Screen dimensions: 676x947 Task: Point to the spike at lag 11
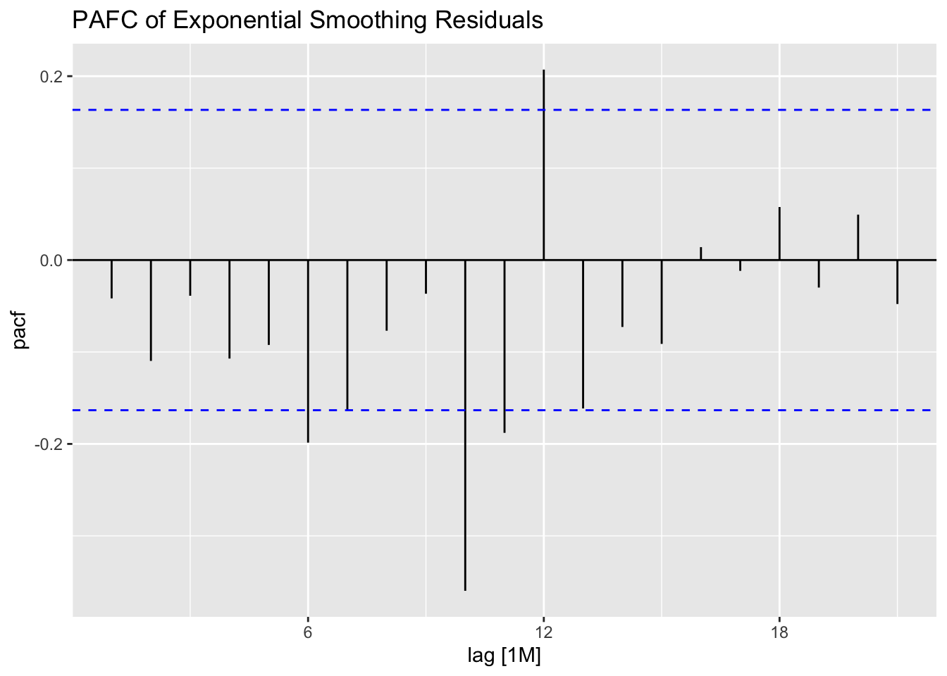[x=505, y=346]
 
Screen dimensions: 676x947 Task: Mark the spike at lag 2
[x=151, y=310]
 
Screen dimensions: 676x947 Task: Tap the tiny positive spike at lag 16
[x=700, y=254]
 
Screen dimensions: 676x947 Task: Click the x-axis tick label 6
[x=308, y=631]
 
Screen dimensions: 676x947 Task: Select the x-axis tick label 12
[x=543, y=631]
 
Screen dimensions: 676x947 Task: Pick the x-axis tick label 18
[x=779, y=631]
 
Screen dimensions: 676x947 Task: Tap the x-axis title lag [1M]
[x=505, y=656]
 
